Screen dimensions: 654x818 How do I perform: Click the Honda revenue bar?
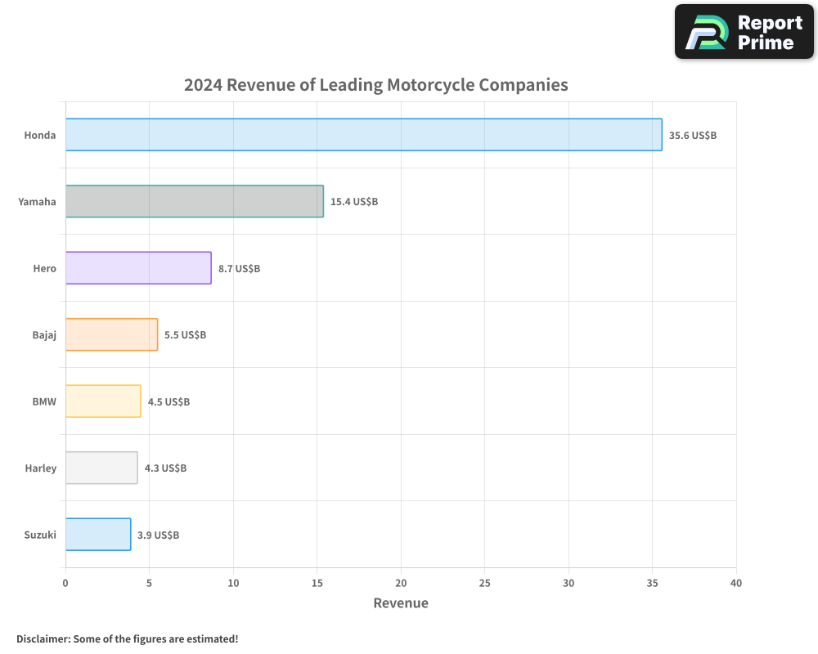pos(364,135)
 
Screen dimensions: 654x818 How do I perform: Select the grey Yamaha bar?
pos(195,201)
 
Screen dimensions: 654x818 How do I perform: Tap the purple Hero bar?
pos(138,268)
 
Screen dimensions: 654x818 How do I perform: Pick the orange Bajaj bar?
pos(111,334)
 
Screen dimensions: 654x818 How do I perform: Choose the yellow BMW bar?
pos(103,401)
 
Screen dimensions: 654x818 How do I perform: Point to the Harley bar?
pos(101,468)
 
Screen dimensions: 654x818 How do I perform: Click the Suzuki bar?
pos(98,535)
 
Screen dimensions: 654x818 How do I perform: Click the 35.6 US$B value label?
pos(693,136)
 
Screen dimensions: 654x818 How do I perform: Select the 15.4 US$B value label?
pos(354,202)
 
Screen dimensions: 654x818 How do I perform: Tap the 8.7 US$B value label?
pos(239,269)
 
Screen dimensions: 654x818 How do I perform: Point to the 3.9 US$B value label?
pos(158,535)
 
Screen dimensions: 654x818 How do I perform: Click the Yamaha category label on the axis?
pos(38,202)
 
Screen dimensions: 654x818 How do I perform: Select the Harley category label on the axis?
pos(41,468)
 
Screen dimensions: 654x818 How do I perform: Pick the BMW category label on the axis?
pos(44,401)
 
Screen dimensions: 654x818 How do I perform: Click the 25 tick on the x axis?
pos(484,584)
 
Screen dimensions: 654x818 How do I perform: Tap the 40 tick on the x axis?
pos(736,584)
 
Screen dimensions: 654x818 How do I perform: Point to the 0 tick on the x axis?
pos(65,584)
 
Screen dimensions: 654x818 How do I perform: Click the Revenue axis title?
pos(401,603)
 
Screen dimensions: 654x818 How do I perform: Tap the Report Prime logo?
pos(744,32)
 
